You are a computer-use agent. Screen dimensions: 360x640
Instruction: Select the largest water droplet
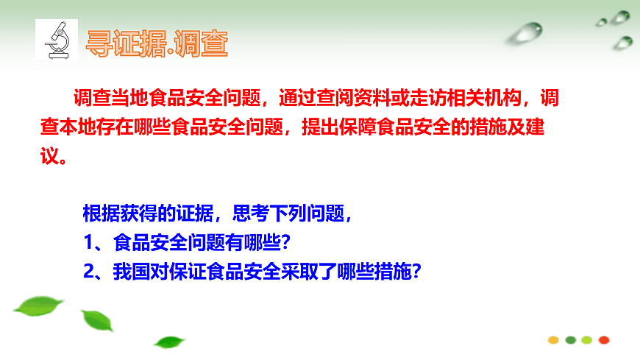(x=527, y=32)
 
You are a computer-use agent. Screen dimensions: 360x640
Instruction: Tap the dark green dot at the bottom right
(x=570, y=339)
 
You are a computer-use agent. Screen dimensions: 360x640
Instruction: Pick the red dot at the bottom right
(x=604, y=339)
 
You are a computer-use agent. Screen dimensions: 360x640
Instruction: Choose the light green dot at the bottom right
(x=587, y=339)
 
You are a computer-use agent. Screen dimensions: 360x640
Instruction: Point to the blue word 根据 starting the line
(x=98, y=214)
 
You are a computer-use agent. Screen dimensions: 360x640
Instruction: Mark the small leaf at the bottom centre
(x=170, y=342)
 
